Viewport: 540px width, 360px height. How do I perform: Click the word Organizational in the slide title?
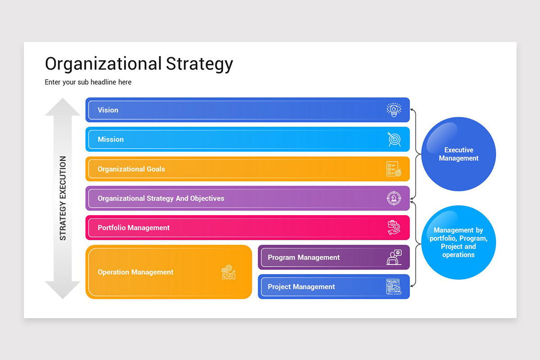[103, 64]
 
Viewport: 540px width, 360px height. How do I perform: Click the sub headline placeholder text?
[88, 82]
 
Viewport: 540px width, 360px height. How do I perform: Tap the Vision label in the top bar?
[108, 110]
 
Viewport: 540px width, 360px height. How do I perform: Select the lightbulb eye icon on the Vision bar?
[394, 110]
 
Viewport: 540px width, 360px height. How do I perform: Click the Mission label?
[111, 139]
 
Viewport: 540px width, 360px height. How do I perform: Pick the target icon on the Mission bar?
[394, 139]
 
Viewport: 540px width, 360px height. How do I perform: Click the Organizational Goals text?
[131, 169]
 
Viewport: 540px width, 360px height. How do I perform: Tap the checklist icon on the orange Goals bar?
[394, 169]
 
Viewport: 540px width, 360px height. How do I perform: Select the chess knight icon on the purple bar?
[394, 198]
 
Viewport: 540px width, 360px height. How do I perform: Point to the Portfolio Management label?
[134, 228]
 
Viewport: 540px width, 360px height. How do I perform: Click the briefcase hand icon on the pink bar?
[394, 228]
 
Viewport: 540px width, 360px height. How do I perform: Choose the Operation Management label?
[135, 272]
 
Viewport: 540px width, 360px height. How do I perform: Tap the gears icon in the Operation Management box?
[229, 272]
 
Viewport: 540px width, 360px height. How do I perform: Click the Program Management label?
[304, 257]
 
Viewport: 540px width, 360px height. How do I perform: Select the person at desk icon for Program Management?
[394, 257]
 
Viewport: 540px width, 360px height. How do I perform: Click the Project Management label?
[301, 287]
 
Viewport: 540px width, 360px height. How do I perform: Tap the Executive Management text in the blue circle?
[459, 154]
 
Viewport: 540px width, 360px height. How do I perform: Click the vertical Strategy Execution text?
[63, 198]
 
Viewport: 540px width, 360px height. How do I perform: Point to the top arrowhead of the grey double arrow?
[63, 107]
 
